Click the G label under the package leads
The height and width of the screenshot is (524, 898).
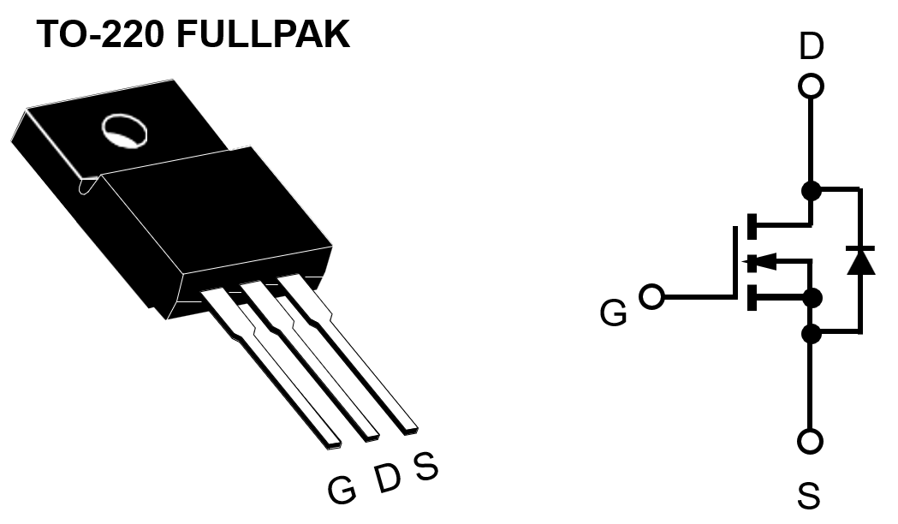click(342, 490)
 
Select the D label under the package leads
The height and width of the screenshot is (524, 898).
click(387, 479)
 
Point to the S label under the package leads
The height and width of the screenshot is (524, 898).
click(425, 466)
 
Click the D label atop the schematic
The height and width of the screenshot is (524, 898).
click(811, 47)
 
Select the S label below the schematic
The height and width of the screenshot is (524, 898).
click(809, 496)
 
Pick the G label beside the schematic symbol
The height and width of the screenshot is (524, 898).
click(613, 314)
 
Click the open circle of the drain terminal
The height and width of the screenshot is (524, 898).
click(810, 86)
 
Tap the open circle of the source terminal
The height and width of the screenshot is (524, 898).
click(810, 442)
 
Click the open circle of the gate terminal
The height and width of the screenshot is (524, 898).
click(652, 297)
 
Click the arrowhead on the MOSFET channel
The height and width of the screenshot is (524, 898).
click(762, 261)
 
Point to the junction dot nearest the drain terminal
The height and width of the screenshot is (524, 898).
click(810, 190)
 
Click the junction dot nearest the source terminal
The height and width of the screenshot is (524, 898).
click(810, 332)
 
